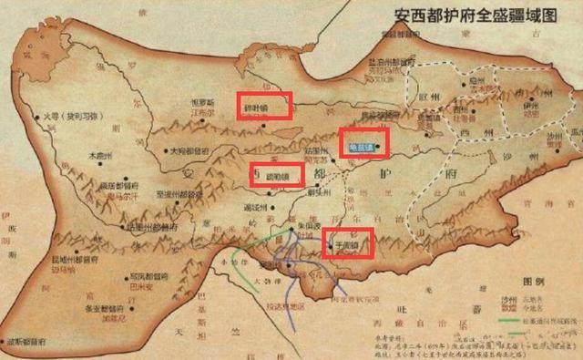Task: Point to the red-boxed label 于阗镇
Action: (x=348, y=243)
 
